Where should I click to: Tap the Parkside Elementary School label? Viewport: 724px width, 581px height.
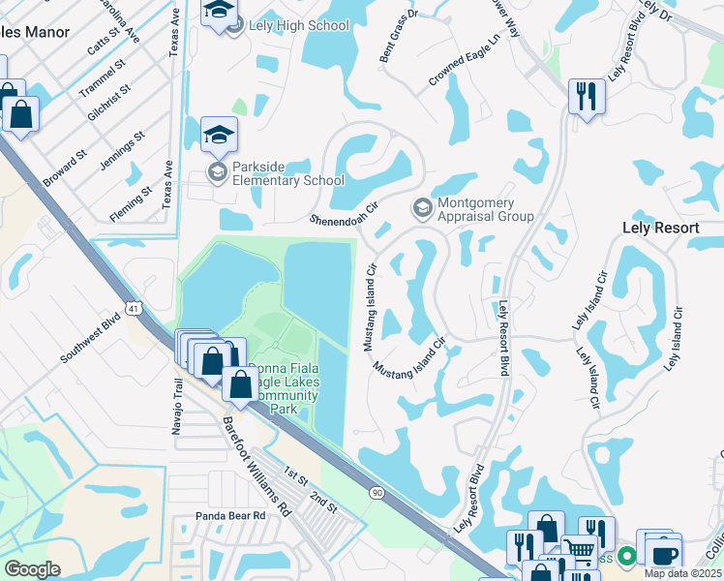[x=288, y=180]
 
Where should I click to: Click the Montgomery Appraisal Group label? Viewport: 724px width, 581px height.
[x=485, y=209]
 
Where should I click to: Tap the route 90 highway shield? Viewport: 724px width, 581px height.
[x=376, y=493]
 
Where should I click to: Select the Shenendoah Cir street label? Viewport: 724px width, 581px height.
[x=342, y=212]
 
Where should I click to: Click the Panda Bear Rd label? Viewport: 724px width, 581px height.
[x=230, y=516]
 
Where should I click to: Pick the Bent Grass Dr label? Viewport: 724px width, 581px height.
[x=399, y=42]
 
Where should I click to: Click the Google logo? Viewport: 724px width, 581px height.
[x=32, y=569]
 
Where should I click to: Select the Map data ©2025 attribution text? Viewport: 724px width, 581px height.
[x=682, y=573]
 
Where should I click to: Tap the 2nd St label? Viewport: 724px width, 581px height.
[x=323, y=502]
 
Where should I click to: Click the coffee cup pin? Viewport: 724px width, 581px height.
[x=663, y=555]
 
